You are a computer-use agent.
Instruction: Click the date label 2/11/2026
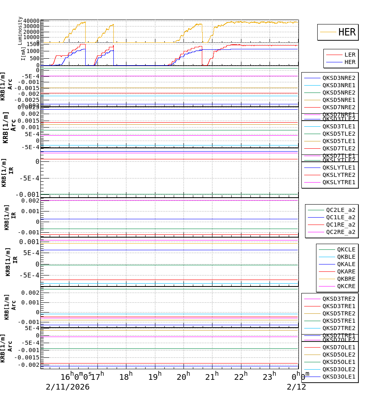point(67,387)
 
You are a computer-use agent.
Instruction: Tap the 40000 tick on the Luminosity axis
point(31,21)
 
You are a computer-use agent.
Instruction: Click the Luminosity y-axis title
point(20,31)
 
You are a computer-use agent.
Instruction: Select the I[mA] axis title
point(23,53)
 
